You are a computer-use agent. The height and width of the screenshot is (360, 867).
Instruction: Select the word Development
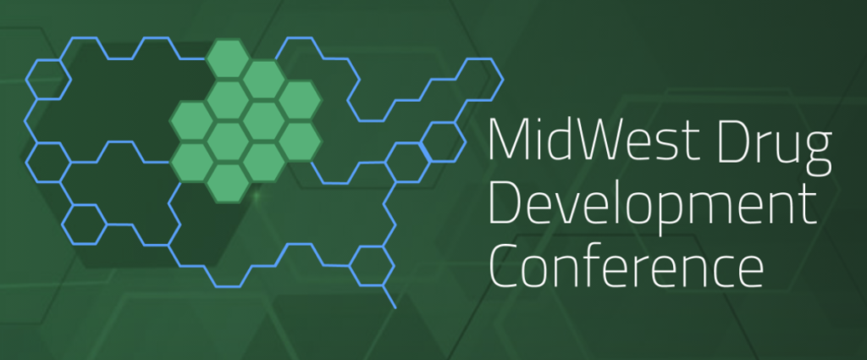tap(653, 207)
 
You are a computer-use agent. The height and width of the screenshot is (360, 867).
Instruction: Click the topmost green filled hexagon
tap(227, 58)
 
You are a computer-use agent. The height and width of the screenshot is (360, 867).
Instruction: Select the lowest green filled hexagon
tap(228, 183)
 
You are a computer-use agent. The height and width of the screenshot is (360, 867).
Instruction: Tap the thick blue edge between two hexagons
tap(425, 152)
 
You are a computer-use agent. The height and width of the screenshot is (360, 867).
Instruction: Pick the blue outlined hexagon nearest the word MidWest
tap(442, 142)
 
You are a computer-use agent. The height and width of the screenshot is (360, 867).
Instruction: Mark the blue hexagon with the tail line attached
tap(372, 266)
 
